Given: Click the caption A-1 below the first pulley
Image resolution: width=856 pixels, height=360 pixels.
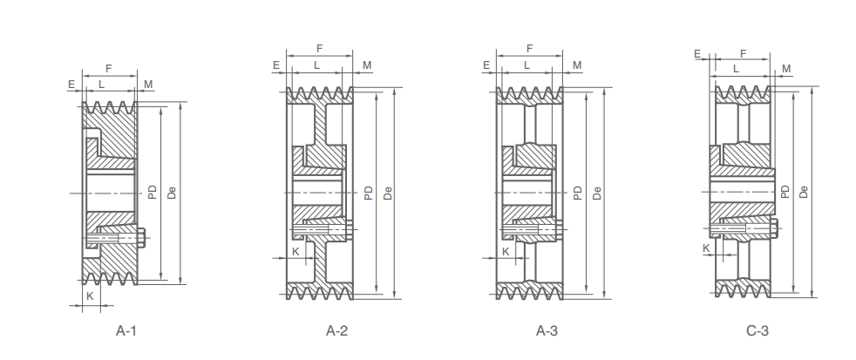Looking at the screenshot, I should (126, 330).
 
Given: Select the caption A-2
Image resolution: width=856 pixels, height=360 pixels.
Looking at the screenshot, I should (337, 330).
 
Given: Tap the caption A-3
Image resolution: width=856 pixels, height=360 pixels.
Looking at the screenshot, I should (547, 330).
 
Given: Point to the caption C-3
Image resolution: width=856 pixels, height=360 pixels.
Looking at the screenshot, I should (757, 330).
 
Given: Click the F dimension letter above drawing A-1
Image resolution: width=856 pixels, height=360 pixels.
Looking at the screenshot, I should (108, 68).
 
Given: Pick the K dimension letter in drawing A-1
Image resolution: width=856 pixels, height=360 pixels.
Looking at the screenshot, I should (90, 296).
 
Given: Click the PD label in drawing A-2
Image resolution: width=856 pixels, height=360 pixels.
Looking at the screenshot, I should (369, 193).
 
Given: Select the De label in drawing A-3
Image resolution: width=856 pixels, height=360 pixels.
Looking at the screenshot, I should (597, 193).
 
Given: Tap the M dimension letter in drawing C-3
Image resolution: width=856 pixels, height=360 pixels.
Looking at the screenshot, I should (787, 69).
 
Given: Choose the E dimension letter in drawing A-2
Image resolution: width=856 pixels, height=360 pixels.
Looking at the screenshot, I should (276, 65).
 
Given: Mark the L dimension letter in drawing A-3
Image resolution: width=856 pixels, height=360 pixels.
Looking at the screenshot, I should (527, 65).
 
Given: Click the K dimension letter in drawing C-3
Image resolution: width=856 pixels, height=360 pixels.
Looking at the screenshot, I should (707, 248).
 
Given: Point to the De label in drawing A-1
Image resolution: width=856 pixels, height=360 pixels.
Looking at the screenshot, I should (172, 193).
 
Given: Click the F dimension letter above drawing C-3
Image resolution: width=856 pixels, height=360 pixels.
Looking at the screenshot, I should (743, 53).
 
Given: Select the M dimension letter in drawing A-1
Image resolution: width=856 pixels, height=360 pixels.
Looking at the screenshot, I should (148, 85).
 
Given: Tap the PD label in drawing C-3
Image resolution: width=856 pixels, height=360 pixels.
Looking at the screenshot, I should (786, 193).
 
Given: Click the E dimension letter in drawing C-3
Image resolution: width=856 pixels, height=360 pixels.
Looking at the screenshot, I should (697, 53).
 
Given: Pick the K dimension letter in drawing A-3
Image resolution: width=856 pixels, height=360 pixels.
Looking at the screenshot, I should (505, 251).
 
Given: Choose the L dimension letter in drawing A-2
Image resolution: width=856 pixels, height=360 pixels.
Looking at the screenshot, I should (316, 65).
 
